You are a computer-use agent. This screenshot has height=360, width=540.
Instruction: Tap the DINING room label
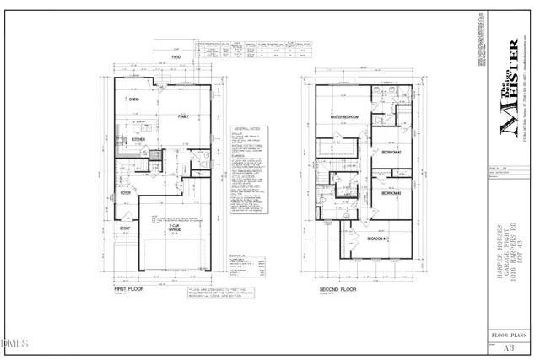pos(133,99)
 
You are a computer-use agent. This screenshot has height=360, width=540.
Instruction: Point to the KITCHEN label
pos(138,140)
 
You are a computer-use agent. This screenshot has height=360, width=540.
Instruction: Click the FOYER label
pos(126,192)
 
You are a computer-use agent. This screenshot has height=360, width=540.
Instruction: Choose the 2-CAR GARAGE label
pos(175,228)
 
